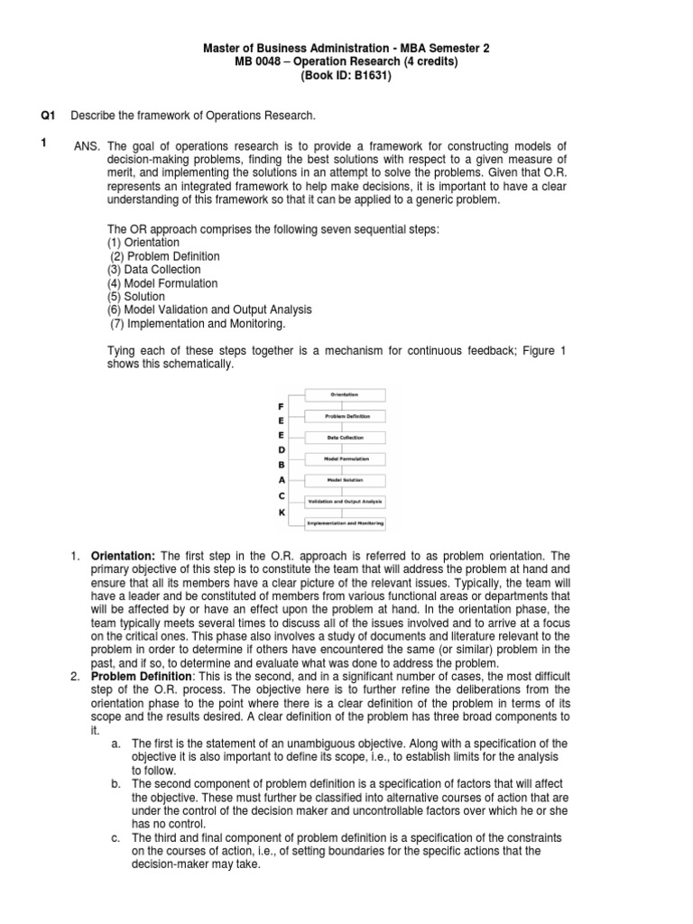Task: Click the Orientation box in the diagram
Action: (346, 395)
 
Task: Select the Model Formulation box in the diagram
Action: (346, 458)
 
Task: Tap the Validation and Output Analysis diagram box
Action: (346, 501)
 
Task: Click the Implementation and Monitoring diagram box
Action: (346, 522)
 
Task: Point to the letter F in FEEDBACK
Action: (282, 406)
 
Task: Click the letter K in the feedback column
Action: (282, 512)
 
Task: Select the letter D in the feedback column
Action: (282, 449)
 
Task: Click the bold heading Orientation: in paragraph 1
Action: (124, 557)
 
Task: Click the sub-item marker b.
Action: (116, 784)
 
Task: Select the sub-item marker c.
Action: (116, 838)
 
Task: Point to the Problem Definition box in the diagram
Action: (346, 416)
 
